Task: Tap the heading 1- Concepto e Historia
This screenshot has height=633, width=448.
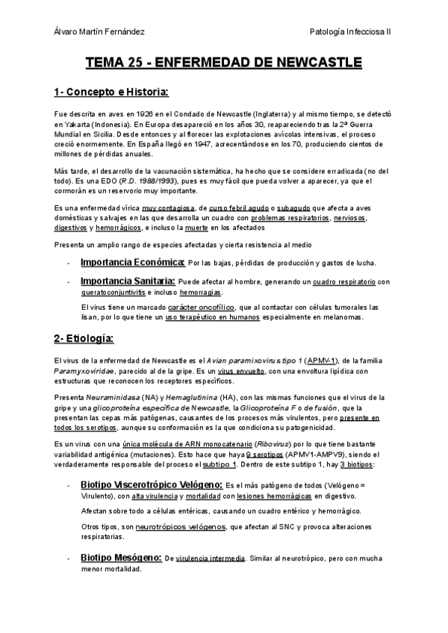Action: pos(112,93)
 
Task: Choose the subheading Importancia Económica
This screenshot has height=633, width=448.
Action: pos(132,262)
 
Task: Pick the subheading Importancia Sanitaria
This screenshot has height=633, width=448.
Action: pos(128,281)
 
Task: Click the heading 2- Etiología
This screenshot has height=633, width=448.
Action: pos(84,340)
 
